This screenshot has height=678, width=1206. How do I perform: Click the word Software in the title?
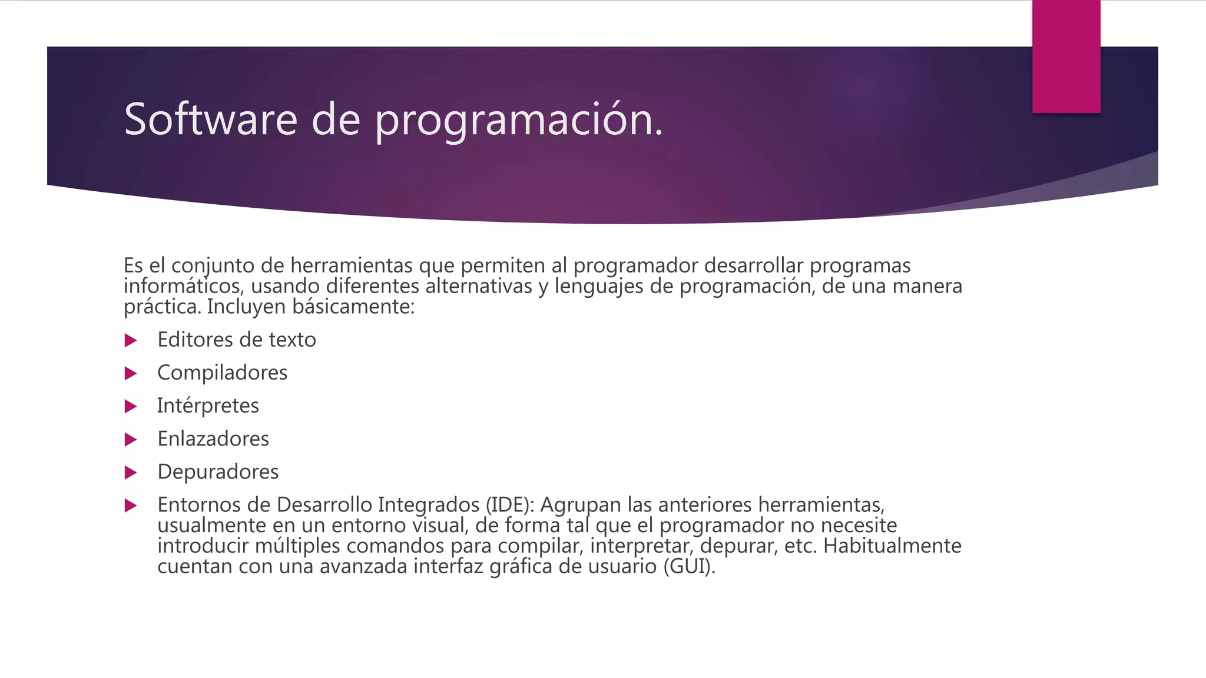tap(211, 119)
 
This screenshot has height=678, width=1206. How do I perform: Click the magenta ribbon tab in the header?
tap(1066, 56)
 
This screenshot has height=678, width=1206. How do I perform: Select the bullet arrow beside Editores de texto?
tap(131, 340)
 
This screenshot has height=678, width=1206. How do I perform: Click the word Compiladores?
tap(222, 373)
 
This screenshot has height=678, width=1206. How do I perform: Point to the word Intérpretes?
tap(207, 406)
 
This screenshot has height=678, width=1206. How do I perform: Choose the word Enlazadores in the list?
tap(213, 438)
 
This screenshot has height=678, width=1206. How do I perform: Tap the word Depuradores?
tap(218, 471)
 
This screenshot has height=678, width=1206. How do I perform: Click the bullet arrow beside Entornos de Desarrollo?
tap(131, 505)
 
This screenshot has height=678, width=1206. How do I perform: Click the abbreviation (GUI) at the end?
tap(688, 566)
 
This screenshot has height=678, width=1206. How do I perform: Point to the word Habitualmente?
tap(892, 546)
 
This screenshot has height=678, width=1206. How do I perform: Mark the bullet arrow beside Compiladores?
tap(131, 373)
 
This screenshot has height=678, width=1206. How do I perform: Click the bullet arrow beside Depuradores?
tap(131, 472)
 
